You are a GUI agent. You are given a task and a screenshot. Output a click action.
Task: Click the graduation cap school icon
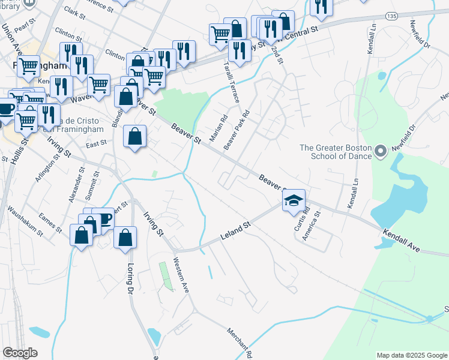pos(294,200)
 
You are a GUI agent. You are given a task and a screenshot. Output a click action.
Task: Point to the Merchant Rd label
pos(240,343)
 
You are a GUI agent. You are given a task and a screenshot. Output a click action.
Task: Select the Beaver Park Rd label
pos(236,130)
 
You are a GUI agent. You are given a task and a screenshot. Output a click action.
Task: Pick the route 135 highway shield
pos(392,15)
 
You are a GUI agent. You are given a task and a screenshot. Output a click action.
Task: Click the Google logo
pos(20,353)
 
